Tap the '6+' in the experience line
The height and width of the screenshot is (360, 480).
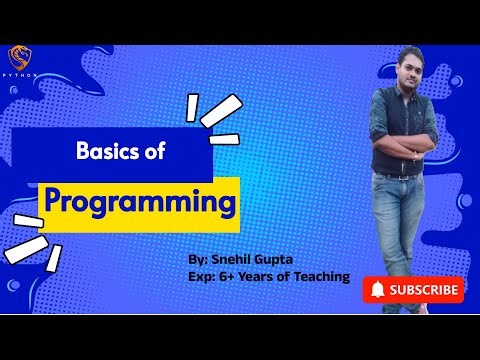(x=224, y=276)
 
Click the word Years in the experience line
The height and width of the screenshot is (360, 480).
(x=257, y=276)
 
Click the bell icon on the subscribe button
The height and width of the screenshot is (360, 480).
(x=377, y=290)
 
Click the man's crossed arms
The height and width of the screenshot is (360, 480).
(x=404, y=150)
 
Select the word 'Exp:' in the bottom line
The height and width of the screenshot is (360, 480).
(x=200, y=276)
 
